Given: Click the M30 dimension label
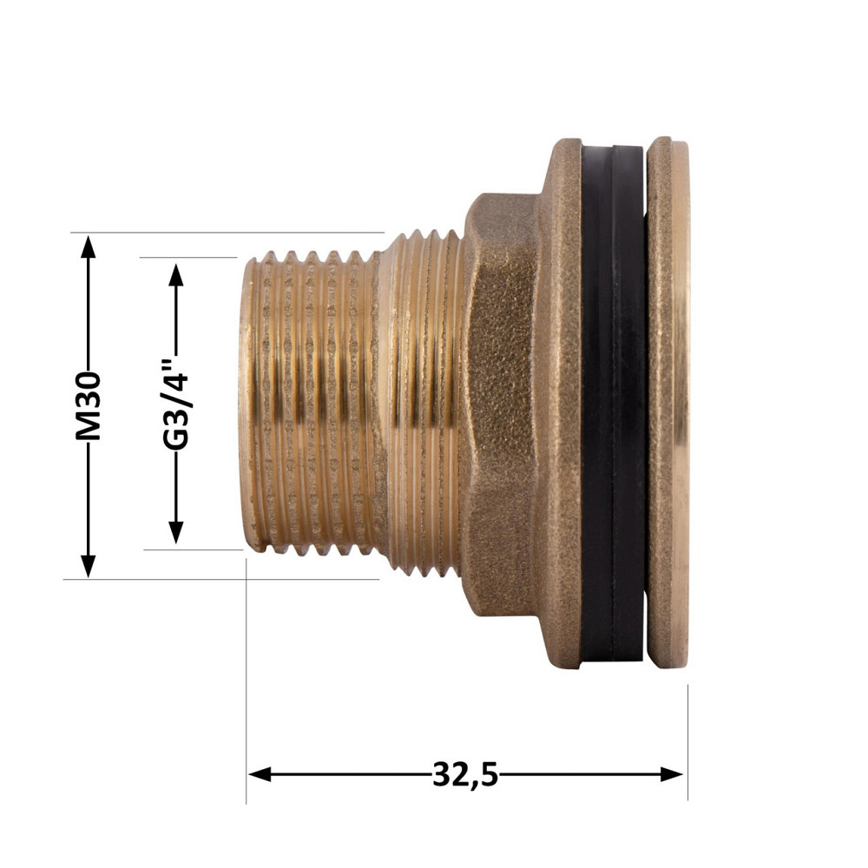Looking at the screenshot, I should [x=88, y=405].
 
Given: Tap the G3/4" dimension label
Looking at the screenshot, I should [x=175, y=404].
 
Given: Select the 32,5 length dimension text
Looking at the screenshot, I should [x=465, y=773].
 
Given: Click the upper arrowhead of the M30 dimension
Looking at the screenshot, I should [x=88, y=246].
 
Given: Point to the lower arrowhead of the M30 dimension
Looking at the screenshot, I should [x=88, y=566].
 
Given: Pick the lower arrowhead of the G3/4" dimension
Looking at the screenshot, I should [x=175, y=532].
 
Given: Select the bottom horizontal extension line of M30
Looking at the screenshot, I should [x=217, y=579].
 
